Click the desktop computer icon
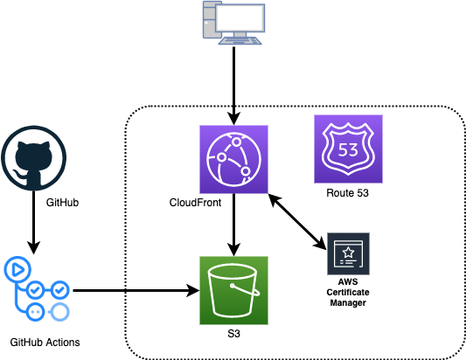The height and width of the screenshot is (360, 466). point(234,23)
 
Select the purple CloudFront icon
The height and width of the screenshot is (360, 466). point(234,160)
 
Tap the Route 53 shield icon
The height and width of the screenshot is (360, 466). point(348,149)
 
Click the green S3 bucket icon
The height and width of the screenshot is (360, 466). point(234,290)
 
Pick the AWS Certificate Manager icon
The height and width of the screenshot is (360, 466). point(348,254)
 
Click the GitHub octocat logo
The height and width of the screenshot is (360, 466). point(33,158)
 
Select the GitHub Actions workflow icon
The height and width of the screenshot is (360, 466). point(37,288)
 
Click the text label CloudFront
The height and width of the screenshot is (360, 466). point(195,203)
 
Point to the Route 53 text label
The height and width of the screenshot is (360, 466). point(347,193)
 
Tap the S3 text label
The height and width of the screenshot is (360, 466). point(234,334)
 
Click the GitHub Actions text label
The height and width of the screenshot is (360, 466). point(45,343)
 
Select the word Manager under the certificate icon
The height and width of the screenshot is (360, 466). point(348,302)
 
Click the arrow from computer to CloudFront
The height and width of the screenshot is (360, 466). point(234,86)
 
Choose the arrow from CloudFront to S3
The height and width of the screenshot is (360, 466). point(234,225)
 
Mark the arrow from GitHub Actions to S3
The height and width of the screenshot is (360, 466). point(136,290)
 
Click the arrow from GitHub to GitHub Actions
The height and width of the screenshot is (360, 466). point(33,222)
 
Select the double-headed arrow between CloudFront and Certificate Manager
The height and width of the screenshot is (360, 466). point(297,222)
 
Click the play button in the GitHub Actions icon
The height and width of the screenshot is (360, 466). point(17,270)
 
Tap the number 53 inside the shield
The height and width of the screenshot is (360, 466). point(348,150)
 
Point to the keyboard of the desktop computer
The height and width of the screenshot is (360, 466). point(240,41)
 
